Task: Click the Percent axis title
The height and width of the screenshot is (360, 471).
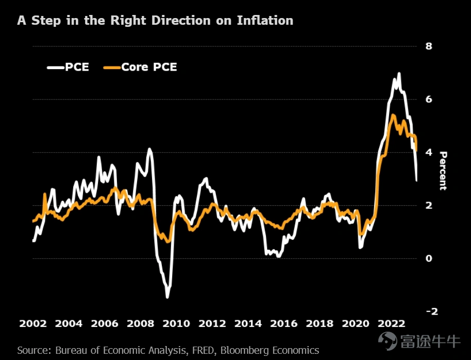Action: (x=443, y=171)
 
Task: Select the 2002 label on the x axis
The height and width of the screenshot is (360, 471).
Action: (x=32, y=324)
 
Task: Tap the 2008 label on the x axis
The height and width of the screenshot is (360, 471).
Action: (x=140, y=324)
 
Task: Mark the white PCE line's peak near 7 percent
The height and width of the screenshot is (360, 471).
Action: (x=399, y=74)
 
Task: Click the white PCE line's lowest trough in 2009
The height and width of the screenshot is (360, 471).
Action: (x=167, y=297)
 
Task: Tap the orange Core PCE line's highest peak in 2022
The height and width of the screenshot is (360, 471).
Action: (x=394, y=116)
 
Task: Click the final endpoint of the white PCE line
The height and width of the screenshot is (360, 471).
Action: (x=416, y=181)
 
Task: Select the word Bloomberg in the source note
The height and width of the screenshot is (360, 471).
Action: (x=246, y=350)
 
